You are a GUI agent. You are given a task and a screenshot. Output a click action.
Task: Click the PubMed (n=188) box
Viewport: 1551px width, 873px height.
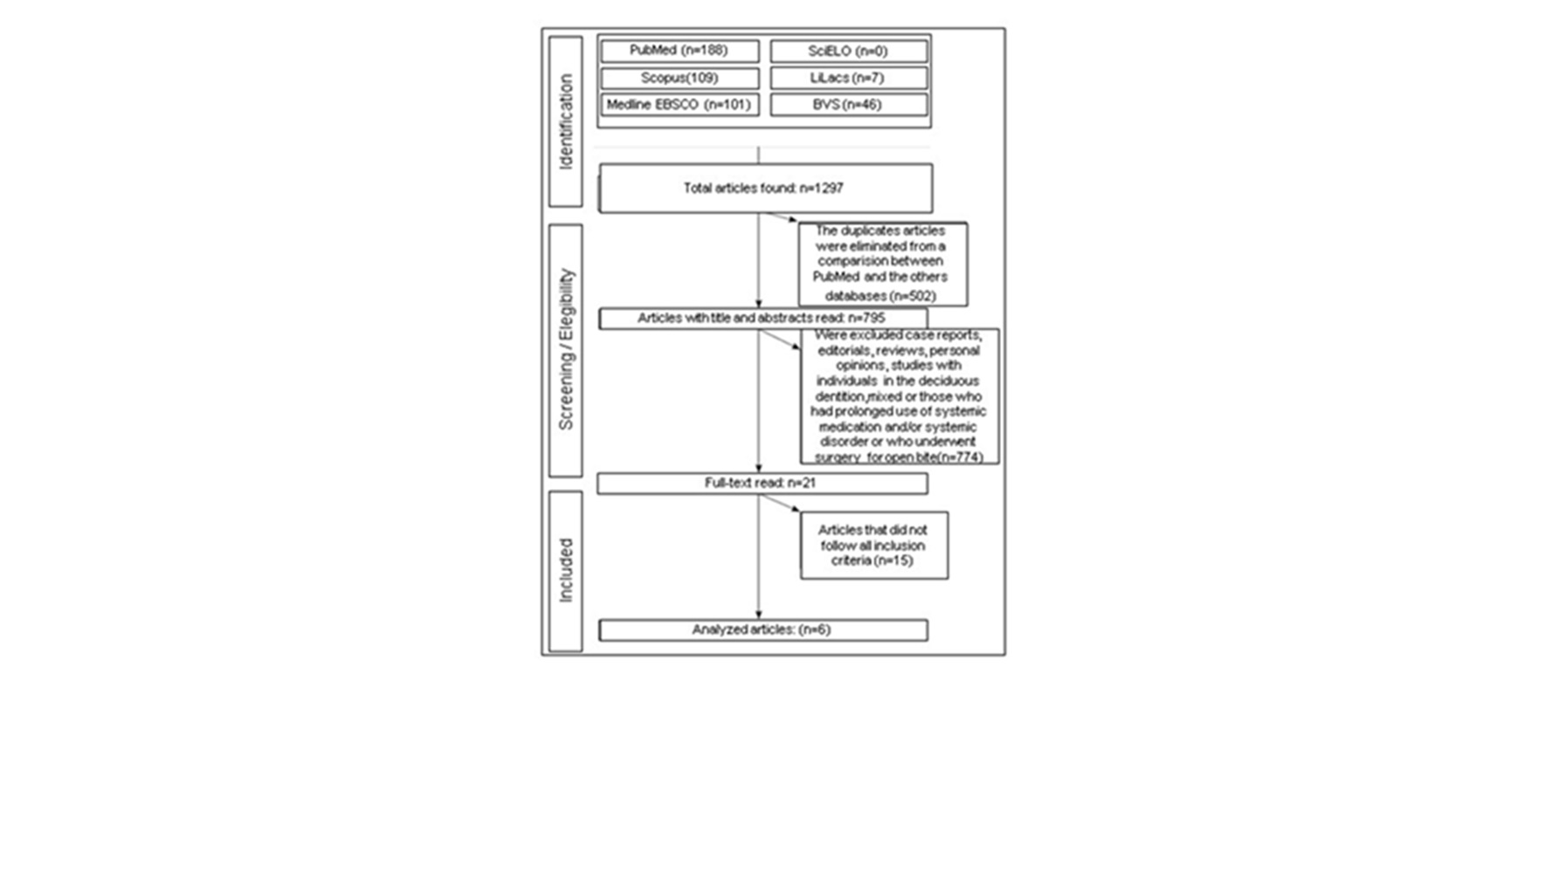point(679,51)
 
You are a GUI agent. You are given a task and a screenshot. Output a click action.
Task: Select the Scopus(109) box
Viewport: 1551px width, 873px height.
point(679,78)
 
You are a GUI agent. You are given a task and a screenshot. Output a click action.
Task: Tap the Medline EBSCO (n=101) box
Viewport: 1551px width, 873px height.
point(679,105)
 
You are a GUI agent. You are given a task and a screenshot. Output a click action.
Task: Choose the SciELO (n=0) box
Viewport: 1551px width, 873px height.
point(848,51)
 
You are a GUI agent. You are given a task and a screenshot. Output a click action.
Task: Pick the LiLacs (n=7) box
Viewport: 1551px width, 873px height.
point(848,78)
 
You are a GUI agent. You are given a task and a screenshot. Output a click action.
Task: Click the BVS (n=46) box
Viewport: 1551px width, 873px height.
point(848,105)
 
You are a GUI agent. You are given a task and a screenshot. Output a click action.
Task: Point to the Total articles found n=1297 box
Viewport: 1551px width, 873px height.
point(765,188)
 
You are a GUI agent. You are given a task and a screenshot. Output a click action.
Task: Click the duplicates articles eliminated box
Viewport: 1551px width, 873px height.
point(882,264)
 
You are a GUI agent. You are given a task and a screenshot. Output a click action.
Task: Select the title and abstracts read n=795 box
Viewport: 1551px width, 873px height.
point(762,319)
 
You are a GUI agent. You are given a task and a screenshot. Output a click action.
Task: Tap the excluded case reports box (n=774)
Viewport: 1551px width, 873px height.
point(899,396)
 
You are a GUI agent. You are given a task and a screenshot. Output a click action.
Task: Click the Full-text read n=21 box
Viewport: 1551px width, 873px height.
point(762,483)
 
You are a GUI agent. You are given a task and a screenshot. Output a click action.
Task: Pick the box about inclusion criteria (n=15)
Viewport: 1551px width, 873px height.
point(873,546)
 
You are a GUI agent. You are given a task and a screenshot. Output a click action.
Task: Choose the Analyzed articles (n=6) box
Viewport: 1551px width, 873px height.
point(762,629)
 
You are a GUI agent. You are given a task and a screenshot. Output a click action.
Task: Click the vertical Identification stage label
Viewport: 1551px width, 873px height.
point(566,121)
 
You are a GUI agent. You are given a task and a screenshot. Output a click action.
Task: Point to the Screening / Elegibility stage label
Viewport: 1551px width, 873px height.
point(566,349)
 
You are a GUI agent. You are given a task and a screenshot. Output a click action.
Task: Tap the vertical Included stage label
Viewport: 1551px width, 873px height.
point(566,570)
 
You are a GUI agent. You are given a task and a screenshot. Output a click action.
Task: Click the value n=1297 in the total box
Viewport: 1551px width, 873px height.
point(821,188)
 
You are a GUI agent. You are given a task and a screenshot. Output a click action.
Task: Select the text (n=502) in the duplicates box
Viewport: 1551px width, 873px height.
point(911,296)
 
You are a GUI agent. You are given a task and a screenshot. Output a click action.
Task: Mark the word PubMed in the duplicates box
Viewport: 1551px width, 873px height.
point(835,277)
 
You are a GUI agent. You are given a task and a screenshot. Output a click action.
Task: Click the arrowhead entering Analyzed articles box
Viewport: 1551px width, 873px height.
point(758,615)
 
